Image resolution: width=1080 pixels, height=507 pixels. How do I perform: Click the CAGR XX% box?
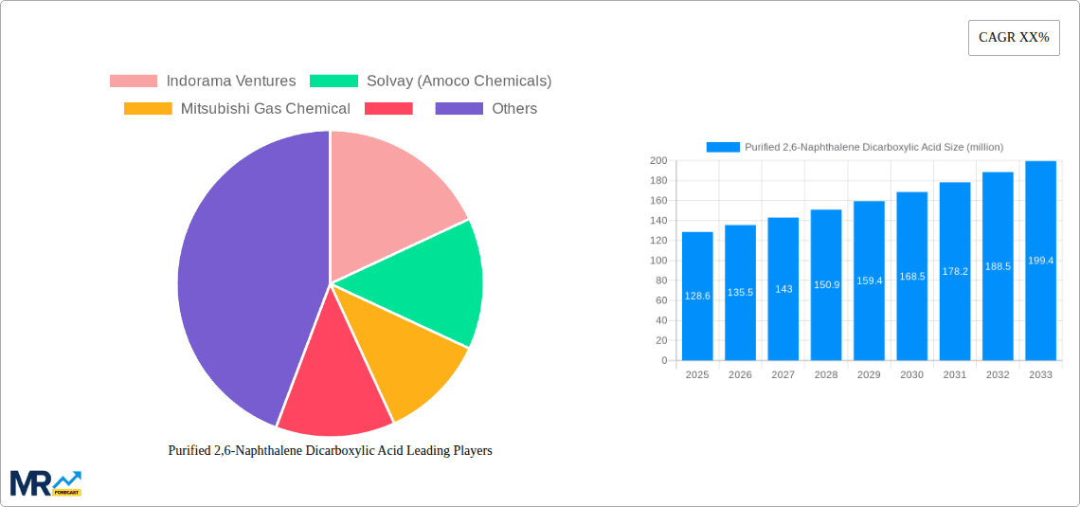pyautogui.click(x=1013, y=38)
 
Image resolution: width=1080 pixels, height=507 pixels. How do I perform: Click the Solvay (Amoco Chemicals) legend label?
pyautogui.click(x=459, y=81)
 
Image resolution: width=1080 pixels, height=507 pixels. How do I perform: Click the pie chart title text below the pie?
pyautogui.click(x=330, y=451)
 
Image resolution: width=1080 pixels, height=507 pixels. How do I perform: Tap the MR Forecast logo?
pyautogui.click(x=45, y=482)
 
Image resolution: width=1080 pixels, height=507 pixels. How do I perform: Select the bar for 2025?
pyautogui.click(x=697, y=297)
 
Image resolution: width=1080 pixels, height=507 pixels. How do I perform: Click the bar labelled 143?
pyautogui.click(x=783, y=289)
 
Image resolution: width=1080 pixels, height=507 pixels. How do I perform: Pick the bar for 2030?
pyautogui.click(x=911, y=277)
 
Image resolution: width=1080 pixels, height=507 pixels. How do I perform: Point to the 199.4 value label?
pyautogui.click(x=1040, y=261)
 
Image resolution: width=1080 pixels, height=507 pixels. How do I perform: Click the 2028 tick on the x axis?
pyautogui.click(x=826, y=375)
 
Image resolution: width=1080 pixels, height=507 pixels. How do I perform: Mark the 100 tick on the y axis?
pyautogui.click(x=657, y=261)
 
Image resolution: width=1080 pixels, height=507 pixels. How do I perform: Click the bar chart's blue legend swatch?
pyautogui.click(x=723, y=147)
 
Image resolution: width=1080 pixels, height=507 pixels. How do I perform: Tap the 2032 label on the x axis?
pyautogui.click(x=998, y=375)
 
